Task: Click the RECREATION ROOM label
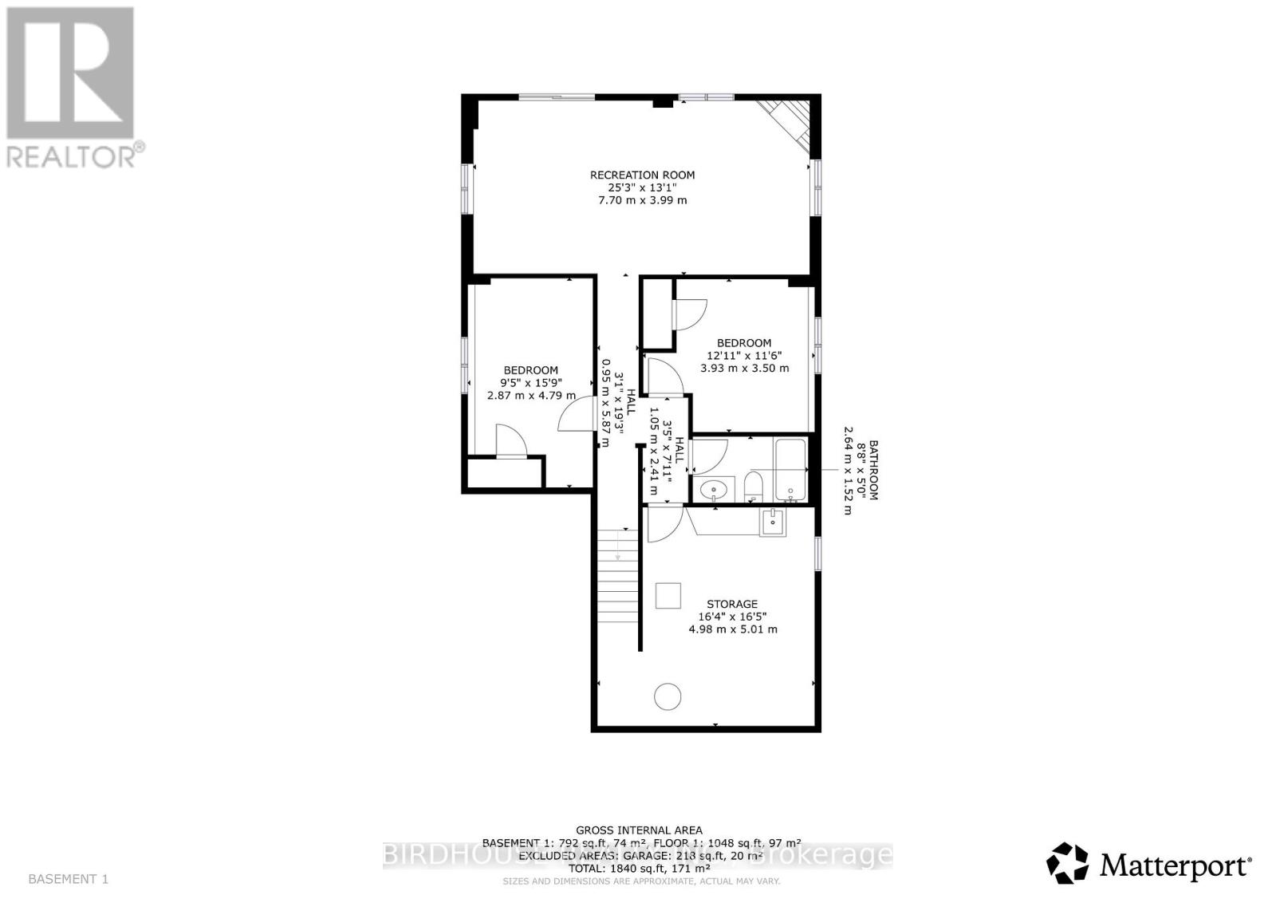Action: coord(642,175)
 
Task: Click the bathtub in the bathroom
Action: coord(790,470)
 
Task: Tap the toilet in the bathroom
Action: coord(754,486)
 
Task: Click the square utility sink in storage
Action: coord(772,522)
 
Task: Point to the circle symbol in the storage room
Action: coord(668,697)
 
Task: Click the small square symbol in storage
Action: coord(668,595)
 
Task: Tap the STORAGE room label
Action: coord(731,604)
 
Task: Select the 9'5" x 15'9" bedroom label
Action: coord(530,382)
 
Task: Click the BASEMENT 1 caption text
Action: coord(68,879)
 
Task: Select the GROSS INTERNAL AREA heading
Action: coord(639,830)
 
